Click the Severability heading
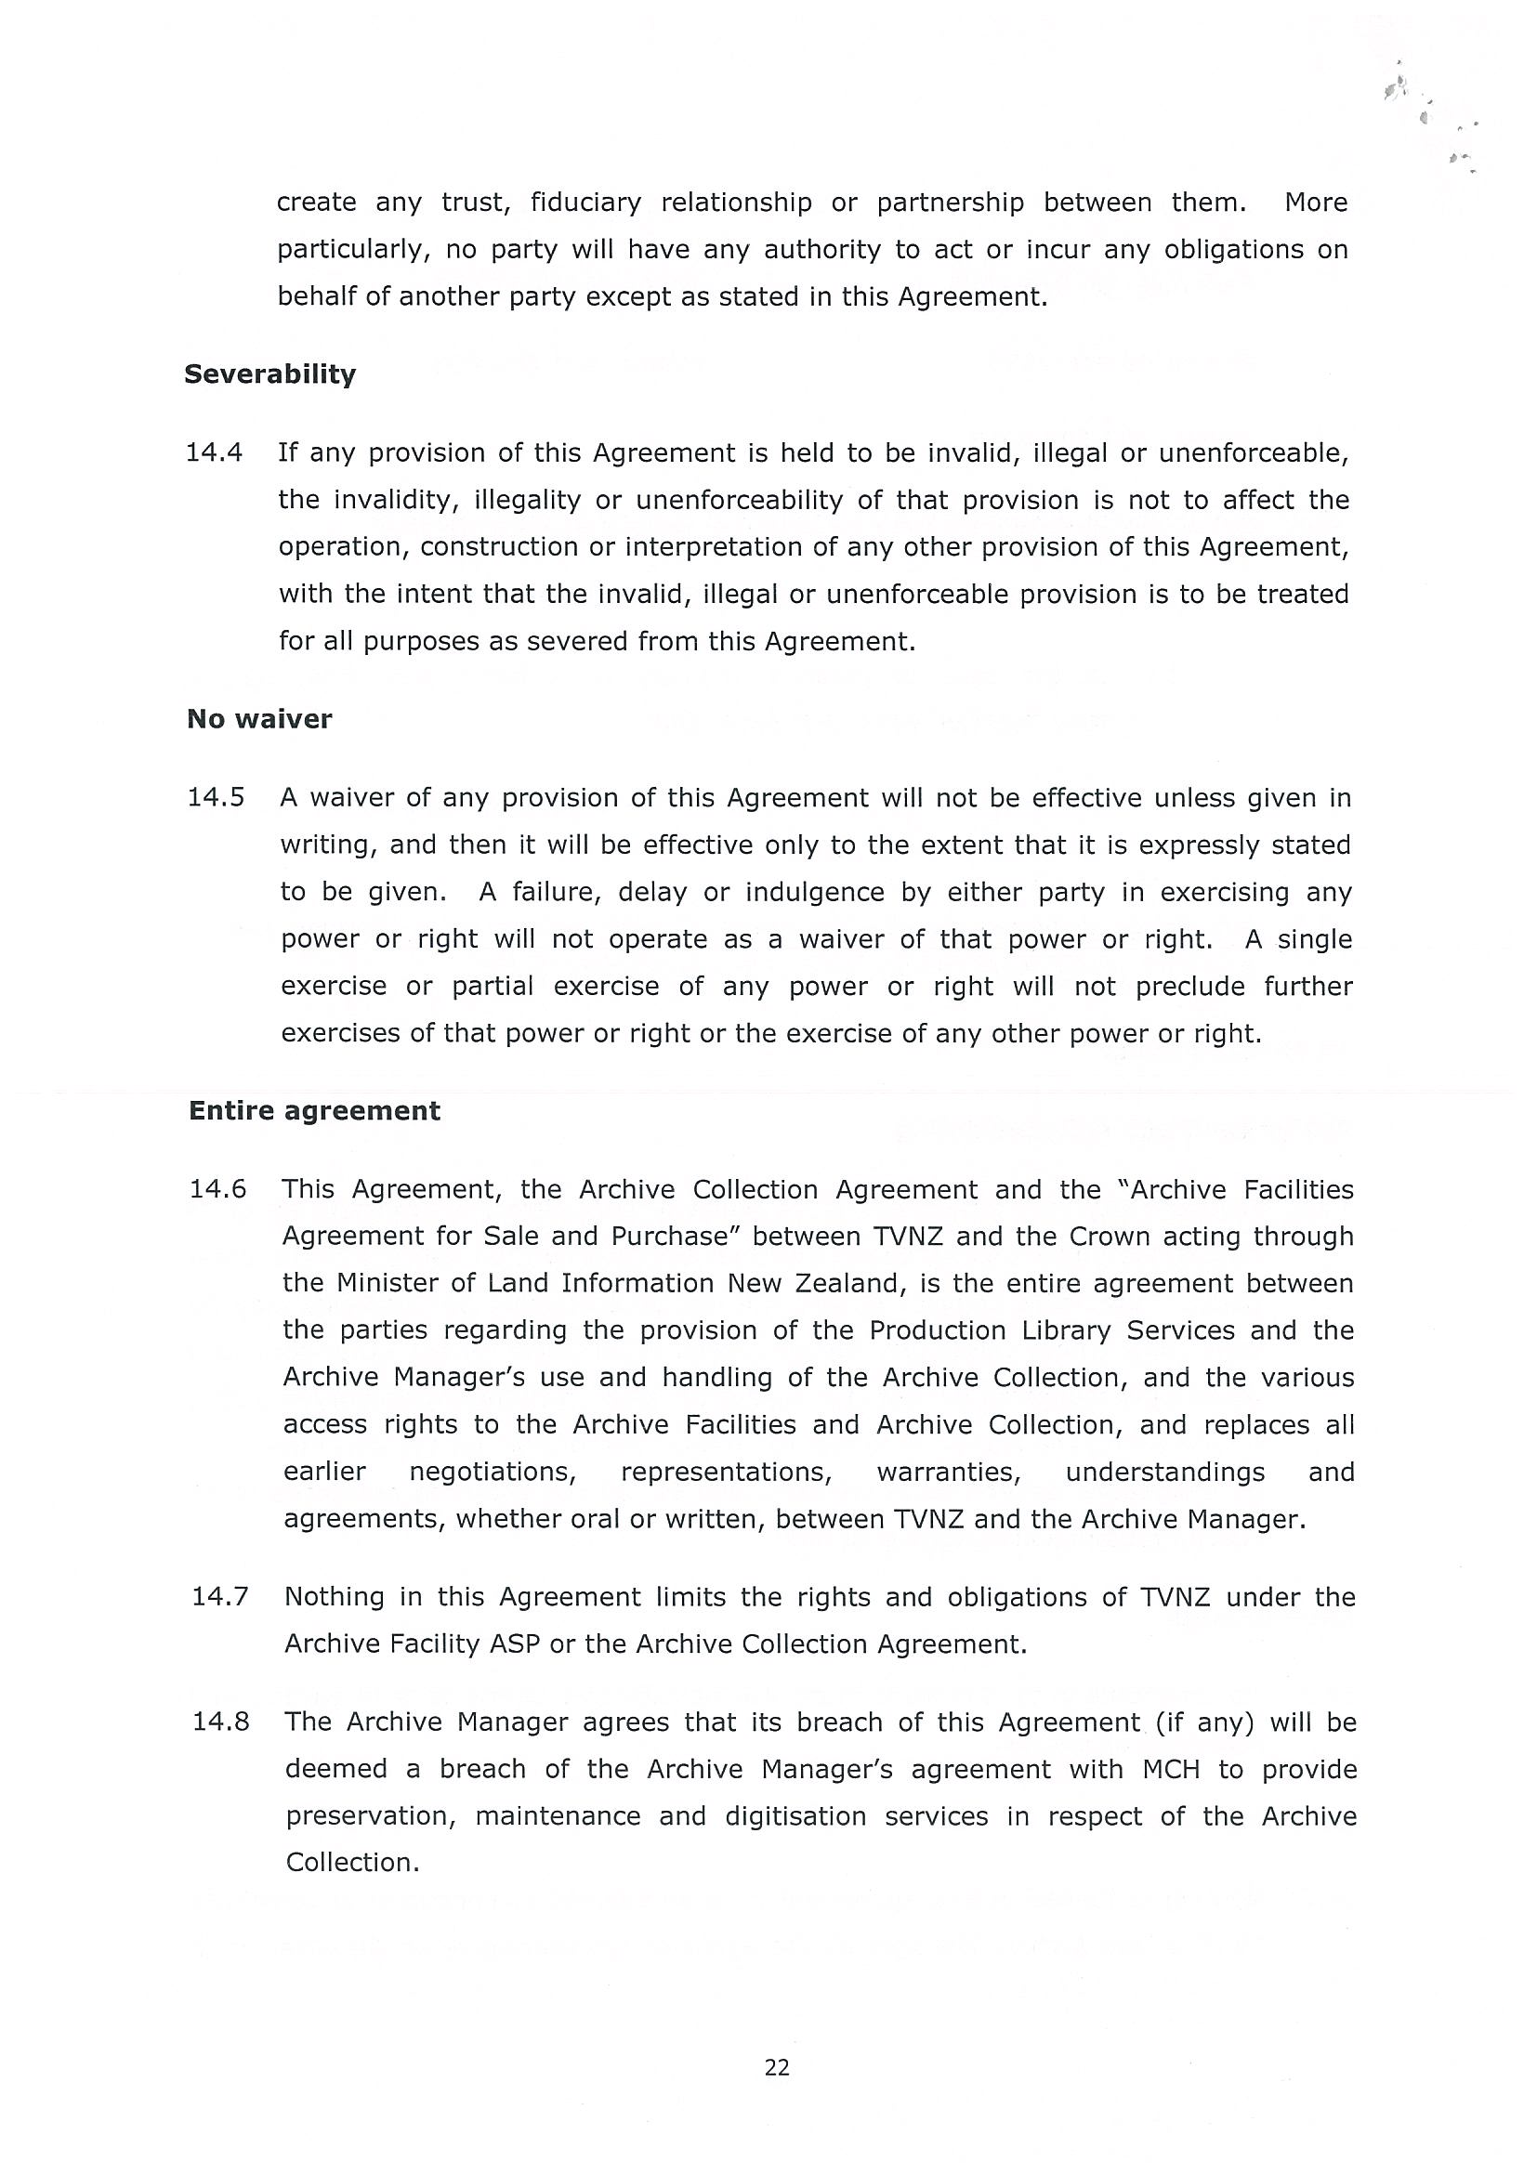click(269, 375)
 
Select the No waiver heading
click(259, 720)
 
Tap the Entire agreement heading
click(314, 1110)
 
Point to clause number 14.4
click(214, 452)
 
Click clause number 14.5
click(216, 797)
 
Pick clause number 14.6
click(217, 1189)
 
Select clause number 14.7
click(219, 1597)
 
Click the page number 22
click(777, 2068)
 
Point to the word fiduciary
click(585, 203)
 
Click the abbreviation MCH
click(1171, 1770)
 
